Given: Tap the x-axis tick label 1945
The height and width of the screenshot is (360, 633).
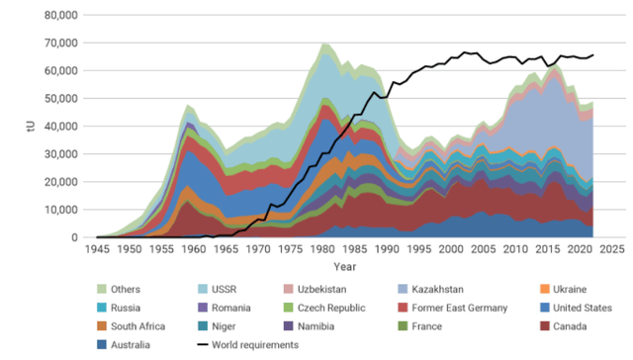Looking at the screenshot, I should point(97,250).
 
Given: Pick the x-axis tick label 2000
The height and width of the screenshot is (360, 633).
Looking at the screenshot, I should point(452,250).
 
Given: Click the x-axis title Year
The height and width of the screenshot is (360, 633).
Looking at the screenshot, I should point(345,267).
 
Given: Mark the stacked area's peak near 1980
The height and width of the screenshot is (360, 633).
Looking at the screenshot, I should point(324,44).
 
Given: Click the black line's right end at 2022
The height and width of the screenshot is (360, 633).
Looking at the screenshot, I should point(592,54).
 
